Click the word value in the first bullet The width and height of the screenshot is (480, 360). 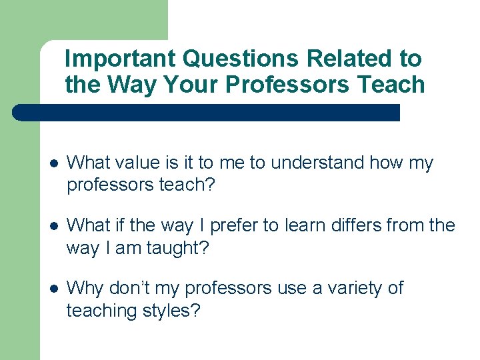click(141, 163)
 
